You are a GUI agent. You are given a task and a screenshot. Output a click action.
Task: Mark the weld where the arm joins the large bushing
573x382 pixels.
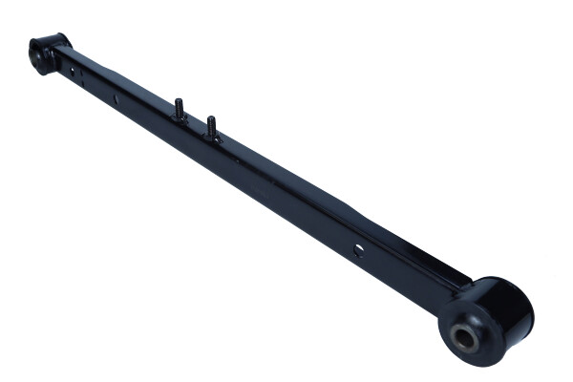(460, 286)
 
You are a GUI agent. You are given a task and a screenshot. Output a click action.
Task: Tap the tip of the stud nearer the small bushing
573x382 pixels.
(179, 100)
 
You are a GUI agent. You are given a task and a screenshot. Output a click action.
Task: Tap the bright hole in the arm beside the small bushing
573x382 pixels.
(74, 70)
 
